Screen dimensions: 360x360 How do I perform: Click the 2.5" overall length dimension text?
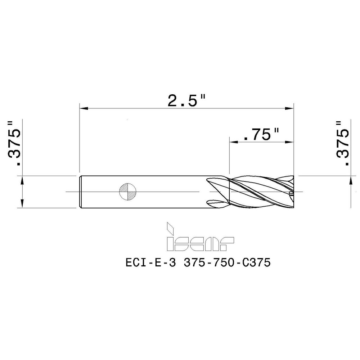pos(186,100)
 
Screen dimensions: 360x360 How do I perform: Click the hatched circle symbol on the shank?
pos(127,192)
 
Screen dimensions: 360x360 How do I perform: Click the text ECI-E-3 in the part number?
pos(151,263)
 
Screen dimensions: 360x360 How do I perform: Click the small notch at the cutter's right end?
pos(292,194)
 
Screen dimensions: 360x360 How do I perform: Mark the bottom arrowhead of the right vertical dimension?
pos(351,180)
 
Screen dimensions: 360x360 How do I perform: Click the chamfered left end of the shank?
pos(80,192)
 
